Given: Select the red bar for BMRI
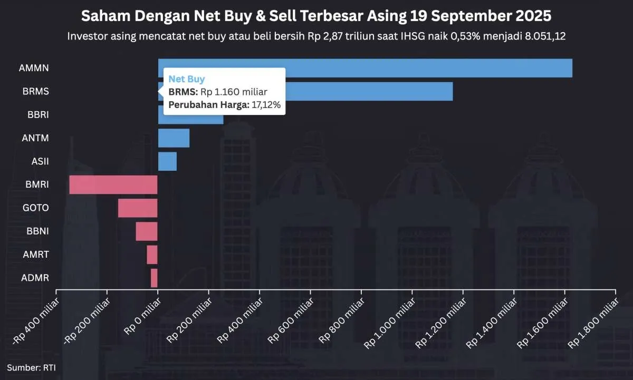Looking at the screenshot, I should [x=113, y=184].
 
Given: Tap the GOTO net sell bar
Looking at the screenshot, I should [x=138, y=208].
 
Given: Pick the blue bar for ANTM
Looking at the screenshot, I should [x=174, y=138].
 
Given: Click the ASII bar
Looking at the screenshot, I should [x=167, y=161].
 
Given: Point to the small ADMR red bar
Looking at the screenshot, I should [x=154, y=278].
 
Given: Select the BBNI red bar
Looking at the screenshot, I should [x=147, y=231].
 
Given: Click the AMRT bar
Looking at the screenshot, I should [x=152, y=255].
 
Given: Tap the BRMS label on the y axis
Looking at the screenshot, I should [x=36, y=92].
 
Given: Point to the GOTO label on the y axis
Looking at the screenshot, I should [x=36, y=208].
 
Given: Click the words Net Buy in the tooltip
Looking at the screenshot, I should [x=186, y=79].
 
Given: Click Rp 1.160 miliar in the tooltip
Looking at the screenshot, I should [x=234, y=92].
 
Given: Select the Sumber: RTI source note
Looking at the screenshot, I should [x=31, y=368].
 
